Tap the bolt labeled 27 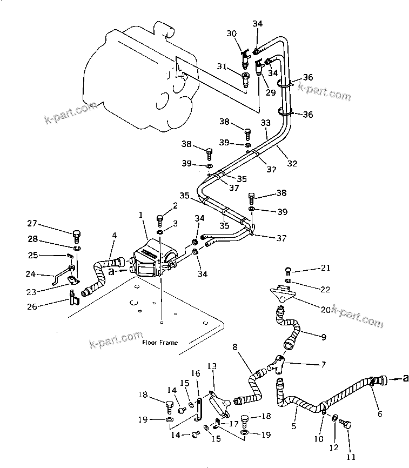[76, 236]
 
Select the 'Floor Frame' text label [159, 342]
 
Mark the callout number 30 [232, 34]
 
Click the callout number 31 [222, 66]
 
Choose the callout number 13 [211, 366]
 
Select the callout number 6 [379, 414]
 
